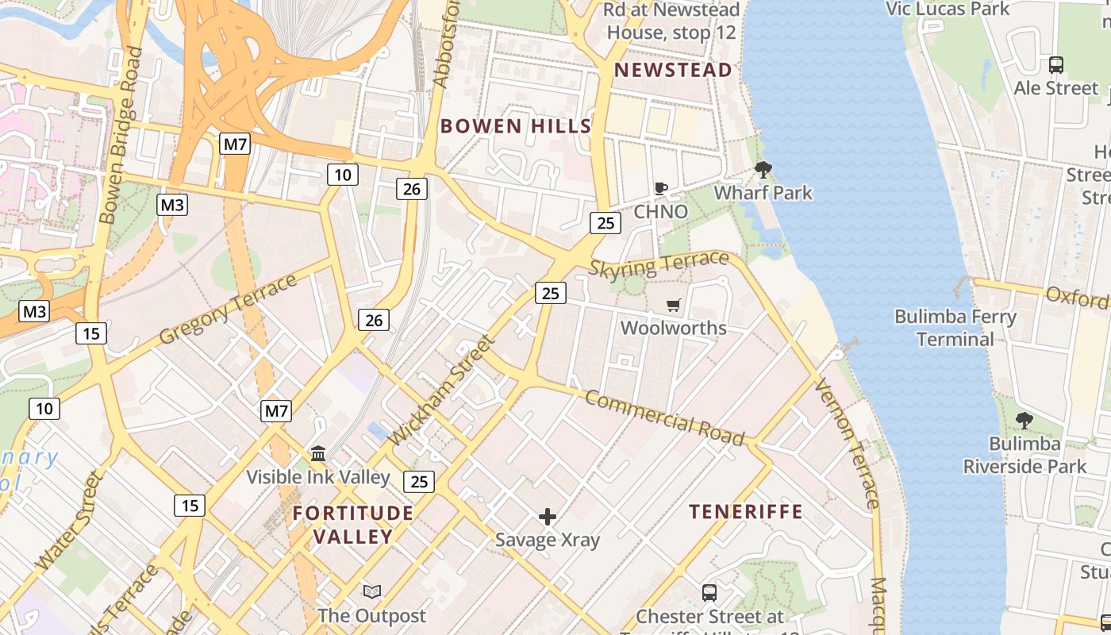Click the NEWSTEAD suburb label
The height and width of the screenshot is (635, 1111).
pos(673,70)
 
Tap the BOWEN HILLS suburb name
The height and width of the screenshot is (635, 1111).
pos(516,126)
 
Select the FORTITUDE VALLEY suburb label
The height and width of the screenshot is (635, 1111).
pos(353,525)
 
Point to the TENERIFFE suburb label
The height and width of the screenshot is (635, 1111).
pos(745,512)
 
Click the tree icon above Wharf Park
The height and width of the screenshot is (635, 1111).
pos(763,169)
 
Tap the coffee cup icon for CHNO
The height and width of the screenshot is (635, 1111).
pos(660,188)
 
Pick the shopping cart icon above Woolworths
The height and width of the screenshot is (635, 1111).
pos(674,305)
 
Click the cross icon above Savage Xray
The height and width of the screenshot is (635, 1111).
pos(548,518)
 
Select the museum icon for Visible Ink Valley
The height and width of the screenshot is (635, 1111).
pos(318,453)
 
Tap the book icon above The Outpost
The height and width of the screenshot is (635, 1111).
pos(371,591)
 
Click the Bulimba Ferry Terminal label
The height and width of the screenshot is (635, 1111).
pos(955,328)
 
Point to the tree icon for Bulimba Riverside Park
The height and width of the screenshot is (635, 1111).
pos(1025,421)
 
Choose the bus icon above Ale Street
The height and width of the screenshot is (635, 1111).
pos(1056,65)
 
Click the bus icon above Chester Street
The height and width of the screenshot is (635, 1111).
pos(709,592)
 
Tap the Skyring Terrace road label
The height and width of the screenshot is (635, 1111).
pos(659,263)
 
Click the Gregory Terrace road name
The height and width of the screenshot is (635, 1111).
pos(228,309)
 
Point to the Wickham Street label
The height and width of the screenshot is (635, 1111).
pos(442,390)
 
